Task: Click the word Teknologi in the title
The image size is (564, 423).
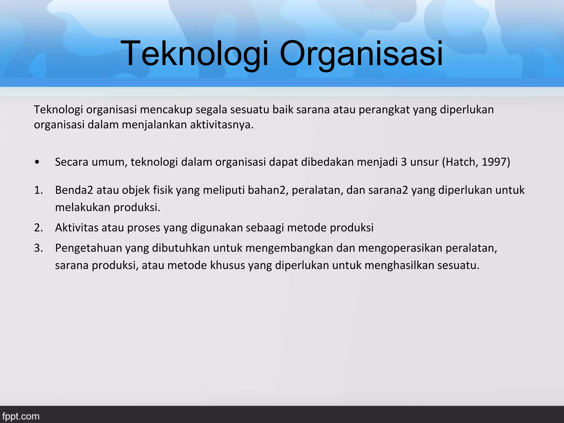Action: point(194,53)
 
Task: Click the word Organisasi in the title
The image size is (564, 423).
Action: point(361,53)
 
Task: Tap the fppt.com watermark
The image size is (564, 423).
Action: point(21,416)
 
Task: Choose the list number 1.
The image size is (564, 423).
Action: point(38,190)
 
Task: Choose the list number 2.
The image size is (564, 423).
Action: point(38,228)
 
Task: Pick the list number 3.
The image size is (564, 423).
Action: point(38,248)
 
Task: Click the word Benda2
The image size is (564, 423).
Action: point(74,190)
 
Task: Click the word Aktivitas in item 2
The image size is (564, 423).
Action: point(77,228)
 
